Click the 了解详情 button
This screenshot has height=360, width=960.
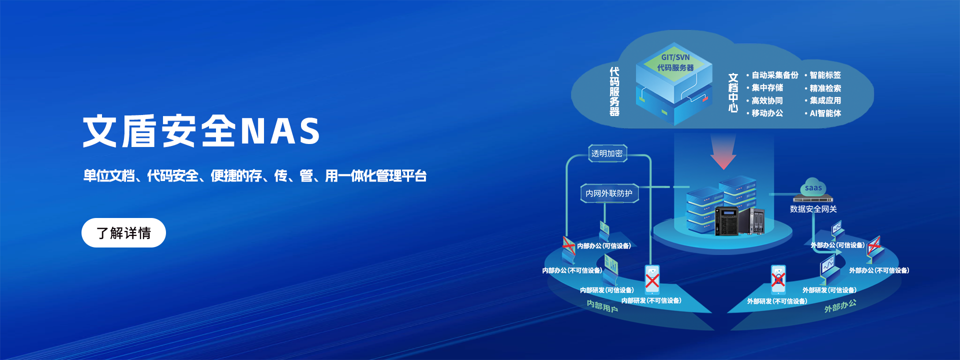[x=123, y=232]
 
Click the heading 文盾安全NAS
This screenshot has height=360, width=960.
[x=201, y=131]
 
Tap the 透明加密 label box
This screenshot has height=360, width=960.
[x=607, y=153]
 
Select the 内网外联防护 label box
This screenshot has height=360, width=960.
[x=609, y=193]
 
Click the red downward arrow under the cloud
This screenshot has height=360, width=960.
[x=723, y=151]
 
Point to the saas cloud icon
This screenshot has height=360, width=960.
[x=813, y=186]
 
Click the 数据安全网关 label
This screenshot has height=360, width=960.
[x=813, y=209]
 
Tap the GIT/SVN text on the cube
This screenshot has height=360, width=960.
[x=675, y=57]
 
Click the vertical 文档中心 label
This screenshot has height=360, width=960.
[x=733, y=93]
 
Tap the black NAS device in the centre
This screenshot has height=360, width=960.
[x=727, y=220]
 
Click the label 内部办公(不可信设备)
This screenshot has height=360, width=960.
[x=572, y=270]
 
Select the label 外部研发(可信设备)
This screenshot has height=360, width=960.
[x=829, y=290]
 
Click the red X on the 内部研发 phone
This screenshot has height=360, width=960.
[x=652, y=280]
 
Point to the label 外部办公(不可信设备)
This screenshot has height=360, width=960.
[x=879, y=270]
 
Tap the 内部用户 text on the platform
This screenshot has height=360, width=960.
[x=602, y=306]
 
